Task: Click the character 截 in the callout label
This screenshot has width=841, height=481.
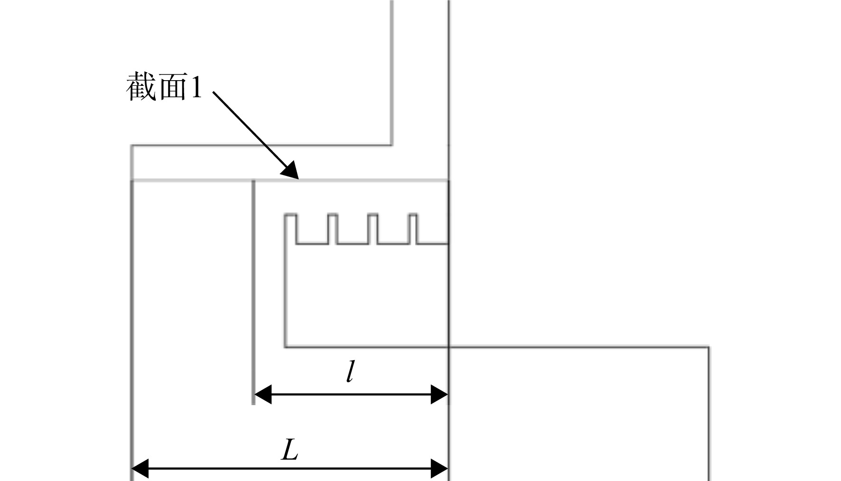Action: [x=141, y=86]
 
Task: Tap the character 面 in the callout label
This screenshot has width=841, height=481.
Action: [x=172, y=86]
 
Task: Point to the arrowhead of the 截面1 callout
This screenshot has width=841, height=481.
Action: [x=290, y=170]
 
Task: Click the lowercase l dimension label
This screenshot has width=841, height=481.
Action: [x=350, y=371]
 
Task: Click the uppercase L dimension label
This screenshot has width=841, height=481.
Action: [x=290, y=450]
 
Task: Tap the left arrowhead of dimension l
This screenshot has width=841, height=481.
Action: [x=263, y=394]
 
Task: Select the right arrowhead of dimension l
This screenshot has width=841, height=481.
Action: [x=439, y=394]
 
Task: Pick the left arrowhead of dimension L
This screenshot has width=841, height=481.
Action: [x=140, y=469]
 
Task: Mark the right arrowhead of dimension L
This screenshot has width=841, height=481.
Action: [x=439, y=469]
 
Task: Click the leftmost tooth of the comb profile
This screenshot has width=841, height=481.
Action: [x=290, y=229]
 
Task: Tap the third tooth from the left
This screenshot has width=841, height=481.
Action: [x=373, y=229]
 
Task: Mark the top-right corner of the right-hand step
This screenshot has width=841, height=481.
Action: [x=709, y=347]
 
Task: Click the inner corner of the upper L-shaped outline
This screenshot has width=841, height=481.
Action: [x=392, y=145]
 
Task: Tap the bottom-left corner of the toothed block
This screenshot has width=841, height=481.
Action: [x=285, y=347]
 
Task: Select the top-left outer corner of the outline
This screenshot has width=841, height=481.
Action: [x=131, y=146]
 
